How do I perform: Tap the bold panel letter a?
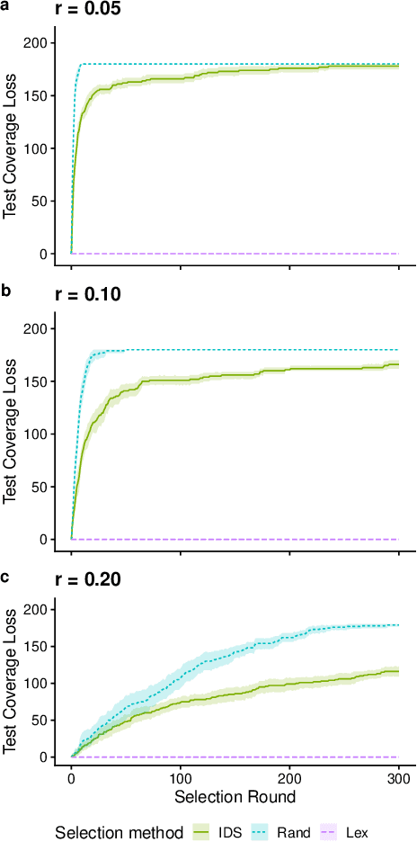click(5, 6)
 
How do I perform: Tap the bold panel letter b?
click(5, 291)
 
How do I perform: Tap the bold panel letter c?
click(5, 576)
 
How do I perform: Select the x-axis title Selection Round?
click(235, 797)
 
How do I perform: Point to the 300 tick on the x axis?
click(398, 778)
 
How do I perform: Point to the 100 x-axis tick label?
click(181, 778)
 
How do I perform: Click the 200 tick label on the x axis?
click(289, 778)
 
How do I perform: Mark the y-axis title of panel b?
click(11, 425)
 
